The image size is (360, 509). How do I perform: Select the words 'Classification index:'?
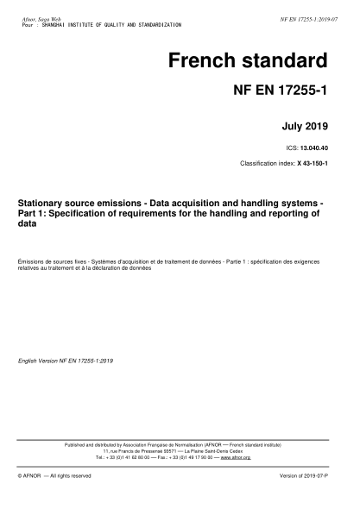[x=268, y=163]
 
